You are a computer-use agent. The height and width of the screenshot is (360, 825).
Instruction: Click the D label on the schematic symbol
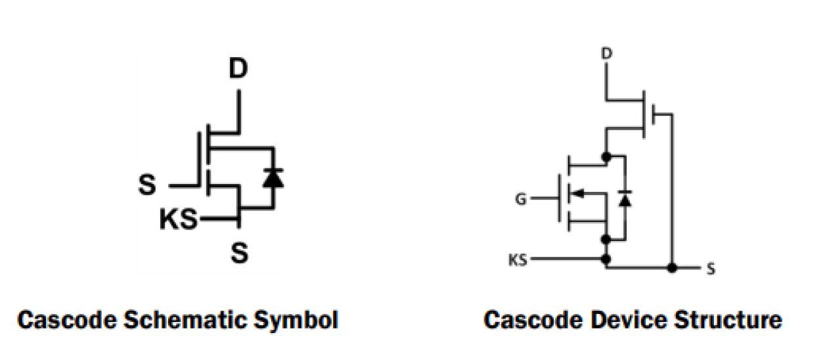238,69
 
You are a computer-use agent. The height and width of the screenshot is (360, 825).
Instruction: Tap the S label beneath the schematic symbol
240,253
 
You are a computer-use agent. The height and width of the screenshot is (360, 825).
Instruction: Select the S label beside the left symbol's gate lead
148,185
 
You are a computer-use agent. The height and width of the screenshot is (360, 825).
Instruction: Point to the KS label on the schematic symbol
178,220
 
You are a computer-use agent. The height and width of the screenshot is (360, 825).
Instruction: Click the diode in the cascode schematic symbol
273,177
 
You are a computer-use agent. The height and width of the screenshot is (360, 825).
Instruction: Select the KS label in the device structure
518,260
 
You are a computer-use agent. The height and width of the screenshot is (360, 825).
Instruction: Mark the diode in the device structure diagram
625,198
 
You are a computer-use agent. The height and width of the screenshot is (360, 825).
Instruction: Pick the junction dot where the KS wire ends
606,259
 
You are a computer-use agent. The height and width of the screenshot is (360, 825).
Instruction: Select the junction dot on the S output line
671,268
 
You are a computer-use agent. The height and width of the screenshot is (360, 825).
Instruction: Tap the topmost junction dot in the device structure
606,156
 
